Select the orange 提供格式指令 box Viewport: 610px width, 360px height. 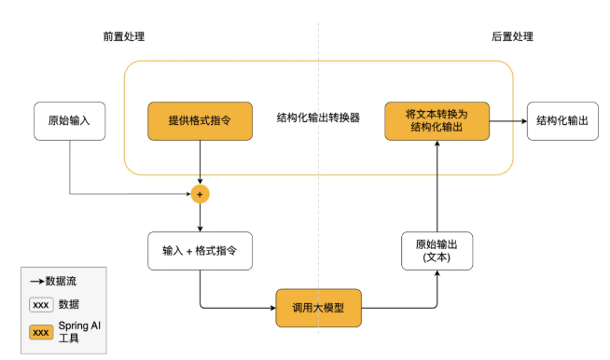200,121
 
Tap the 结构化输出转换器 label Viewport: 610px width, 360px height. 318,118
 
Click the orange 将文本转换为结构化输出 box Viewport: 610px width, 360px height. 437,121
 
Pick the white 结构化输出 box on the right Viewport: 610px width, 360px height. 563,121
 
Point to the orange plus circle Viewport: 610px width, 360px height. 200,194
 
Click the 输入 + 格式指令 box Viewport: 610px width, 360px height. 200,251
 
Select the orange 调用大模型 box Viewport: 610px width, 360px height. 318,308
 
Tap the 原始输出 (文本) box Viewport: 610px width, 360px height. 437,251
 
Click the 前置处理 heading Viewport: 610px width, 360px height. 124,36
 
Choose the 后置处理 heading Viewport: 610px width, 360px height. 512,36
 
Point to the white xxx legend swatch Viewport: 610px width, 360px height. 40,304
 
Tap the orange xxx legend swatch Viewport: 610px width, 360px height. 40,331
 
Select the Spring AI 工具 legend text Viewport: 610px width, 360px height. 78,331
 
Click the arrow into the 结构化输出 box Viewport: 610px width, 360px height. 507,121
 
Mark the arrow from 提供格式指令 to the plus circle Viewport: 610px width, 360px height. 200,163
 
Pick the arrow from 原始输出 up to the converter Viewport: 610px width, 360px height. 437,187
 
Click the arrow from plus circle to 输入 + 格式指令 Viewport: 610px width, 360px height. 200,216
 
